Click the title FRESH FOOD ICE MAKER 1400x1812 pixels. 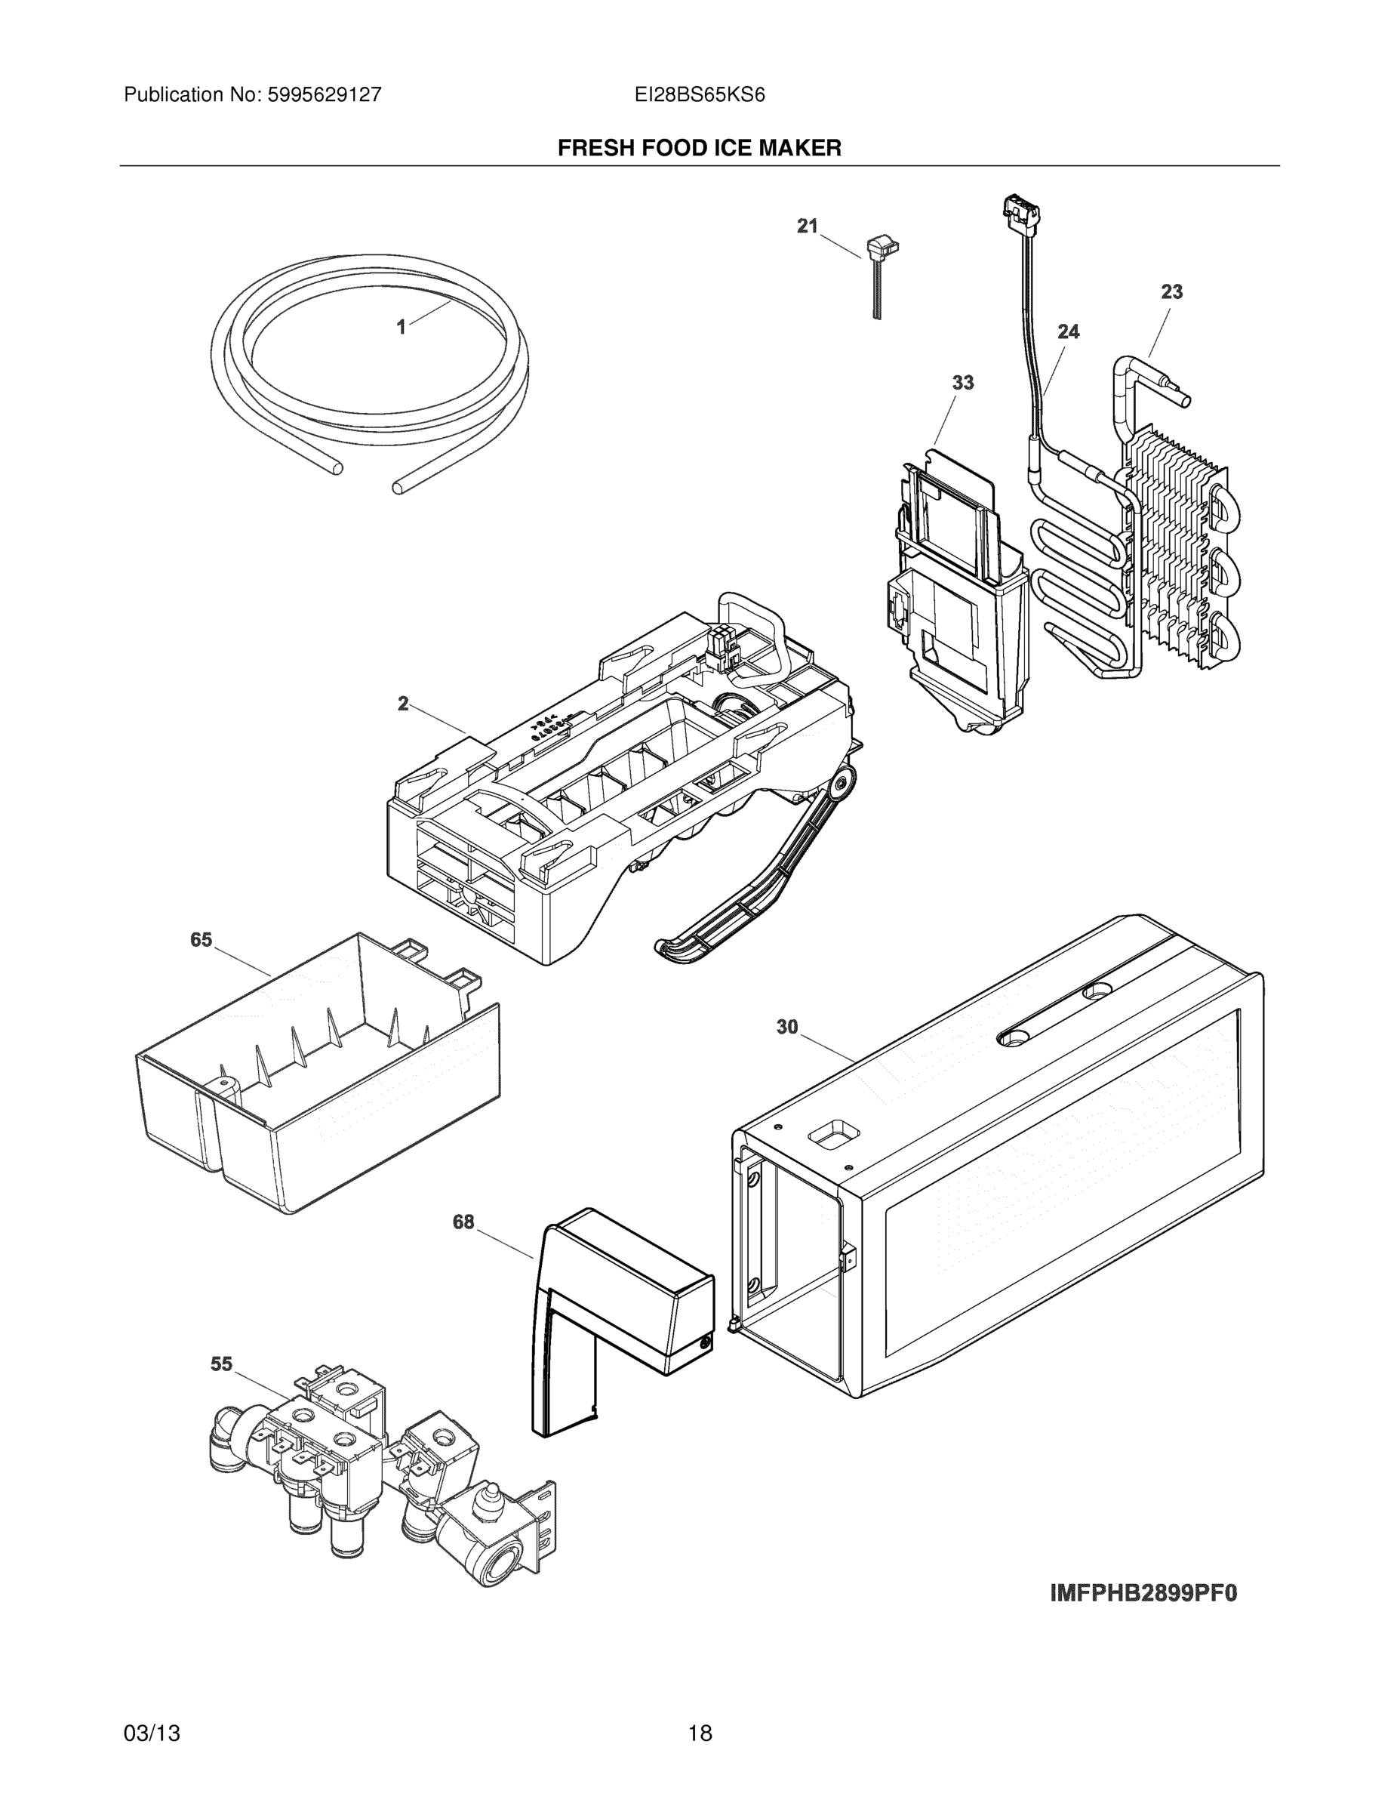click(x=699, y=149)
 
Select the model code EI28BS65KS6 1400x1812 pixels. click(x=699, y=95)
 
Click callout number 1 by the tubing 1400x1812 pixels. click(x=402, y=328)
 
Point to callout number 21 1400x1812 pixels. click(x=807, y=226)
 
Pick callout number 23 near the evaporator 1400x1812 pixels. click(x=1171, y=292)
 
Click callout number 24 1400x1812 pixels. click(x=1068, y=332)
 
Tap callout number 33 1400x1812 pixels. click(x=962, y=383)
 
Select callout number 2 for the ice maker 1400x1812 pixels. click(x=403, y=704)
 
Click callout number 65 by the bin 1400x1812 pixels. click(x=202, y=940)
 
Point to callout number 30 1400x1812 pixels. click(x=787, y=1027)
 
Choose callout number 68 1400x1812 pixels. click(x=463, y=1222)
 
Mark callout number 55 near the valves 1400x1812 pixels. click(x=221, y=1364)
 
